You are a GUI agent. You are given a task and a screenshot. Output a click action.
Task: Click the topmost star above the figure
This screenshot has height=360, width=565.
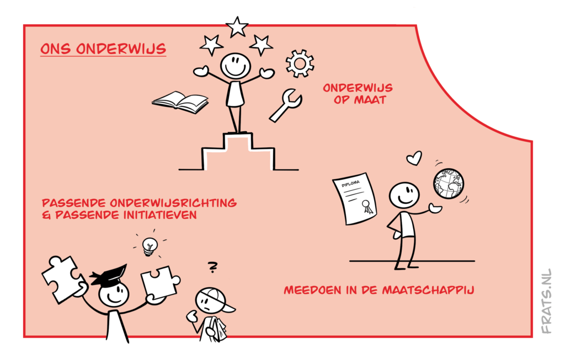[x=237, y=26]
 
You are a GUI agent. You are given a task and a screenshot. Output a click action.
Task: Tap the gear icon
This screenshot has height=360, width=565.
[x=300, y=63]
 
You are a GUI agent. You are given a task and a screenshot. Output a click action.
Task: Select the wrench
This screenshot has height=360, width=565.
[x=286, y=105]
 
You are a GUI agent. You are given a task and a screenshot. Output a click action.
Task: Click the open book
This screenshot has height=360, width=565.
[x=180, y=102]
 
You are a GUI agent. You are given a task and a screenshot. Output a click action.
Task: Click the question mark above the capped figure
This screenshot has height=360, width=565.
[x=212, y=267]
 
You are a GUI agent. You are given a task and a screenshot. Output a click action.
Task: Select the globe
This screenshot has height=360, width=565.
[x=448, y=184]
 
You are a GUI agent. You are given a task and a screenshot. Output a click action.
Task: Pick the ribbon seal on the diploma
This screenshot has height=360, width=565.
[x=367, y=206]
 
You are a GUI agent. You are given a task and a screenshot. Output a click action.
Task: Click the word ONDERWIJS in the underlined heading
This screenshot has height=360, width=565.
[x=121, y=49]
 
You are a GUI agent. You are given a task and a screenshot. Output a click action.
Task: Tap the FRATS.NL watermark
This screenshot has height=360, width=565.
[x=546, y=301]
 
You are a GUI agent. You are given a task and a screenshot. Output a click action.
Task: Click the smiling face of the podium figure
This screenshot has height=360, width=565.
[x=235, y=66]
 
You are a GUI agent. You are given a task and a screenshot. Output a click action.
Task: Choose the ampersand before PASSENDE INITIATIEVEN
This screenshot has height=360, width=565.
[x=46, y=215]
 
